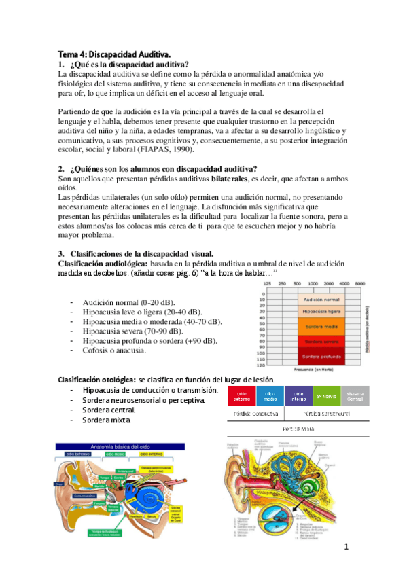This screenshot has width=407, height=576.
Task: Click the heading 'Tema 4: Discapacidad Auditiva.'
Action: [x=113, y=53]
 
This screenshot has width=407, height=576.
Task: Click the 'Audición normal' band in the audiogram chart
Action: [x=321, y=299]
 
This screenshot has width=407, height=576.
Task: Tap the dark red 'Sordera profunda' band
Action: [x=321, y=355]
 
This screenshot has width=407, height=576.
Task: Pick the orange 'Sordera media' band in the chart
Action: [x=321, y=325]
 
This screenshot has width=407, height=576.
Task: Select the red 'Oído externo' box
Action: [x=241, y=395]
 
